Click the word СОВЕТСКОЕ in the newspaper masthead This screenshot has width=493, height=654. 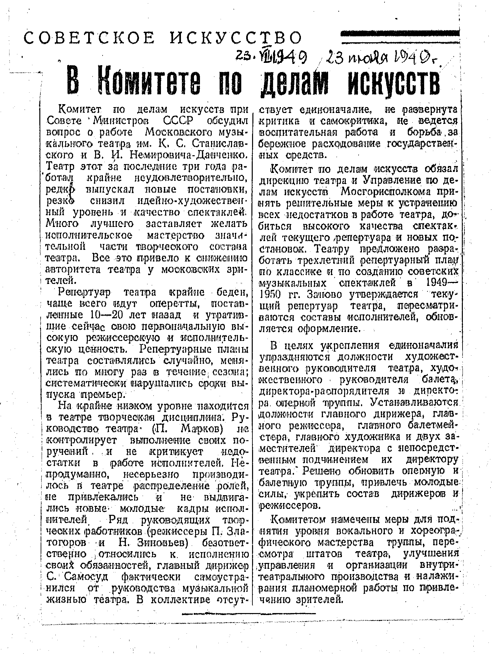89,38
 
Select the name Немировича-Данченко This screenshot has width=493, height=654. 189,154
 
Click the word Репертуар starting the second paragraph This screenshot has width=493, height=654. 84,292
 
